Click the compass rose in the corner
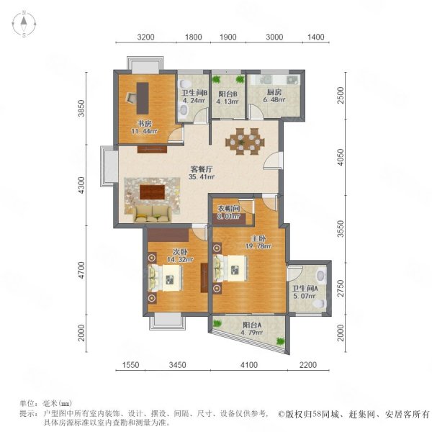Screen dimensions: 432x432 [x=24, y=24]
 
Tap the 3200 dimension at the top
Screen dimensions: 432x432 [x=145, y=37]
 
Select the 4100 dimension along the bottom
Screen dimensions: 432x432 [x=249, y=365]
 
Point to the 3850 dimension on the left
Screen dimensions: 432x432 [x=81, y=108]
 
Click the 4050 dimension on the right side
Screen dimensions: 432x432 [x=341, y=157]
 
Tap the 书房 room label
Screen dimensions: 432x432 [x=145, y=123]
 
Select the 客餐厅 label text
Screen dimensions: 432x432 [x=202, y=169]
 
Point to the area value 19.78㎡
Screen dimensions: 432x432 [x=258, y=246]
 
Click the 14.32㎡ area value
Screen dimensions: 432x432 [x=180, y=259]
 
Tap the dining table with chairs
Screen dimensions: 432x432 [x=245, y=142]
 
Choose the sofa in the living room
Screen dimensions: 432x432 [x=152, y=214]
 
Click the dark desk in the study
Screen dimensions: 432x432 [x=143, y=99]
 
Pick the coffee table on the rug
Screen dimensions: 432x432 [x=152, y=192]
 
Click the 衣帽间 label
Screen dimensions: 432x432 [x=229, y=209]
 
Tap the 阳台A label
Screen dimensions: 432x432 [x=252, y=325]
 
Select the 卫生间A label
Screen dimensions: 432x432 [x=305, y=289]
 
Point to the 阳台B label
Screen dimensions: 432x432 [x=228, y=94]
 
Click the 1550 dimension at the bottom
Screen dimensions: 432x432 [x=131, y=365]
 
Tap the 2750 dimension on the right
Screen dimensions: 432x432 [x=341, y=288]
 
